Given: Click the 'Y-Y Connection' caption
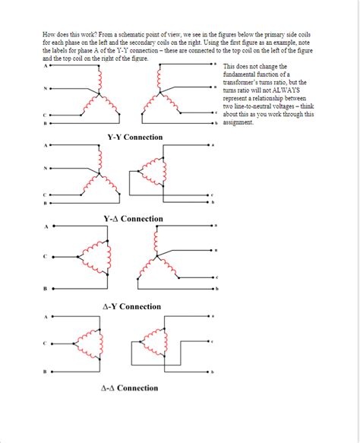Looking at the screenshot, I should click(x=134, y=137).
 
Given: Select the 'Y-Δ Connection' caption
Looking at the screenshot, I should click(x=133, y=219).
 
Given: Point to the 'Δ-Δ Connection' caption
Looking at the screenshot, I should click(x=130, y=388).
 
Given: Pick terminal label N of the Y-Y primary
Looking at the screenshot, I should click(x=45, y=89).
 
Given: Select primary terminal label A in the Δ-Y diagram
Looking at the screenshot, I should click(x=45, y=226).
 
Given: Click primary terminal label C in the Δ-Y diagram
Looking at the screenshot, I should click(x=45, y=256).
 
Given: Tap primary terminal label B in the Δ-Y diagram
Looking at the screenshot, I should click(x=45, y=289).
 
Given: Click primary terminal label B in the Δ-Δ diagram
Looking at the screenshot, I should click(x=45, y=371).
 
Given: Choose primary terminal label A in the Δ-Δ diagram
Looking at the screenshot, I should click(x=45, y=316).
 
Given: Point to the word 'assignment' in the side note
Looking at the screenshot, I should click(x=238, y=123).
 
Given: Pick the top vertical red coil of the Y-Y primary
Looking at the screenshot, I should click(x=96, y=76).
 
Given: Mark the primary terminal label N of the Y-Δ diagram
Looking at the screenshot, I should click(x=45, y=168).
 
